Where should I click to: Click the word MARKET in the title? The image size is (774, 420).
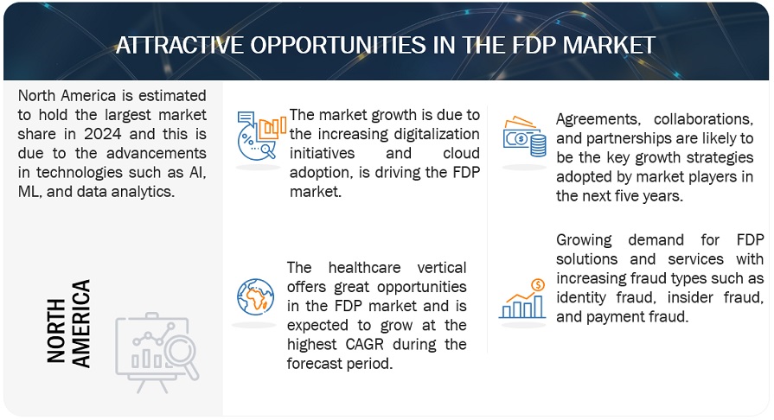pos(609,46)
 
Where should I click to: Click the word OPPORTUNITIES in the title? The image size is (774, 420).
pos(337,46)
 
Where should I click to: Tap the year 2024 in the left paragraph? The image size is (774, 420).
pos(103,134)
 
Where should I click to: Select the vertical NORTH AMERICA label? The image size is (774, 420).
pos(69,323)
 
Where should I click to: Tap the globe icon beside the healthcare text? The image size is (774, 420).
pos(255,297)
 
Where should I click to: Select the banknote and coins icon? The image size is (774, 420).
pos(524,137)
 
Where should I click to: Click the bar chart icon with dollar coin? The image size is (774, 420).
pos(522,299)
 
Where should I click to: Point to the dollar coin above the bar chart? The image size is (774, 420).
pos(538,285)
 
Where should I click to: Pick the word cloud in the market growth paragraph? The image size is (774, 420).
pos(462,153)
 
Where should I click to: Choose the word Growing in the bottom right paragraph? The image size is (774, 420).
pos(584,240)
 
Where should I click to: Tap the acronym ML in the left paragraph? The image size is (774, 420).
pos(29,192)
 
